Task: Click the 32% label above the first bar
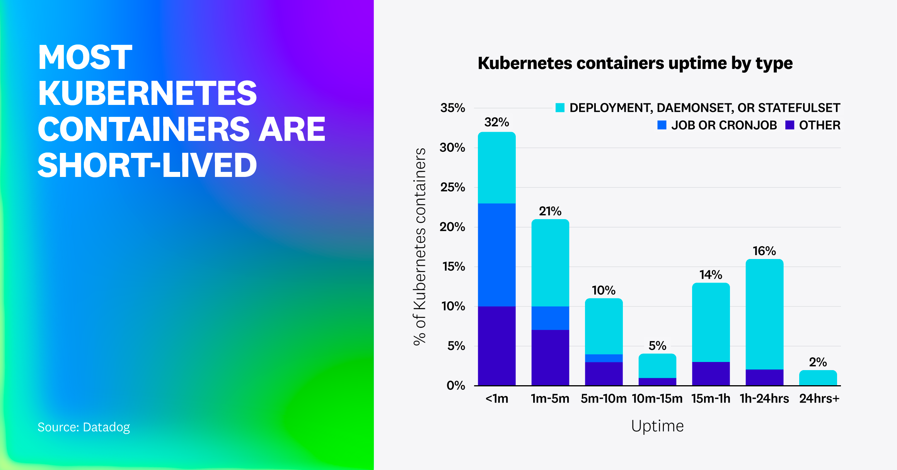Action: [496, 122]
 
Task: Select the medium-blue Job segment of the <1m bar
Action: [496, 255]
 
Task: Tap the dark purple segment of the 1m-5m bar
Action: [550, 357]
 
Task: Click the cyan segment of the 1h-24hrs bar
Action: [764, 314]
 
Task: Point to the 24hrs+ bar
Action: [818, 378]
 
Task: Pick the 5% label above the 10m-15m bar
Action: [657, 345]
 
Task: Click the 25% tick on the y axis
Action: [452, 187]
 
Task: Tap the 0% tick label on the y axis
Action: [455, 385]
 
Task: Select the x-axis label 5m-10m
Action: [603, 398]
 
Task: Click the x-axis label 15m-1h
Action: [710, 398]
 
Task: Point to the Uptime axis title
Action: [657, 426]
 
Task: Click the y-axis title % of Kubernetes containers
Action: [420, 246]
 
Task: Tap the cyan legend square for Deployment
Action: [559, 108]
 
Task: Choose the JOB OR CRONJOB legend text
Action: [723, 125]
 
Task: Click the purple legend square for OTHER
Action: [790, 125]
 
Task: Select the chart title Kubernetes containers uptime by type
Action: [635, 63]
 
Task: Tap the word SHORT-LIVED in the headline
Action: [147, 165]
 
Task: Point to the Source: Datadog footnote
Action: [84, 427]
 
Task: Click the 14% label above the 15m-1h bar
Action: [710, 275]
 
